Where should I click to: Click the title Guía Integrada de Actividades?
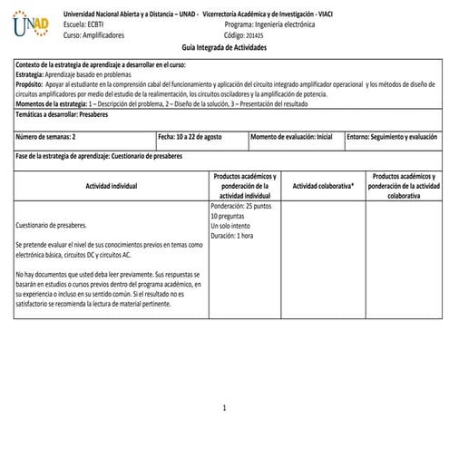point(225,47)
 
